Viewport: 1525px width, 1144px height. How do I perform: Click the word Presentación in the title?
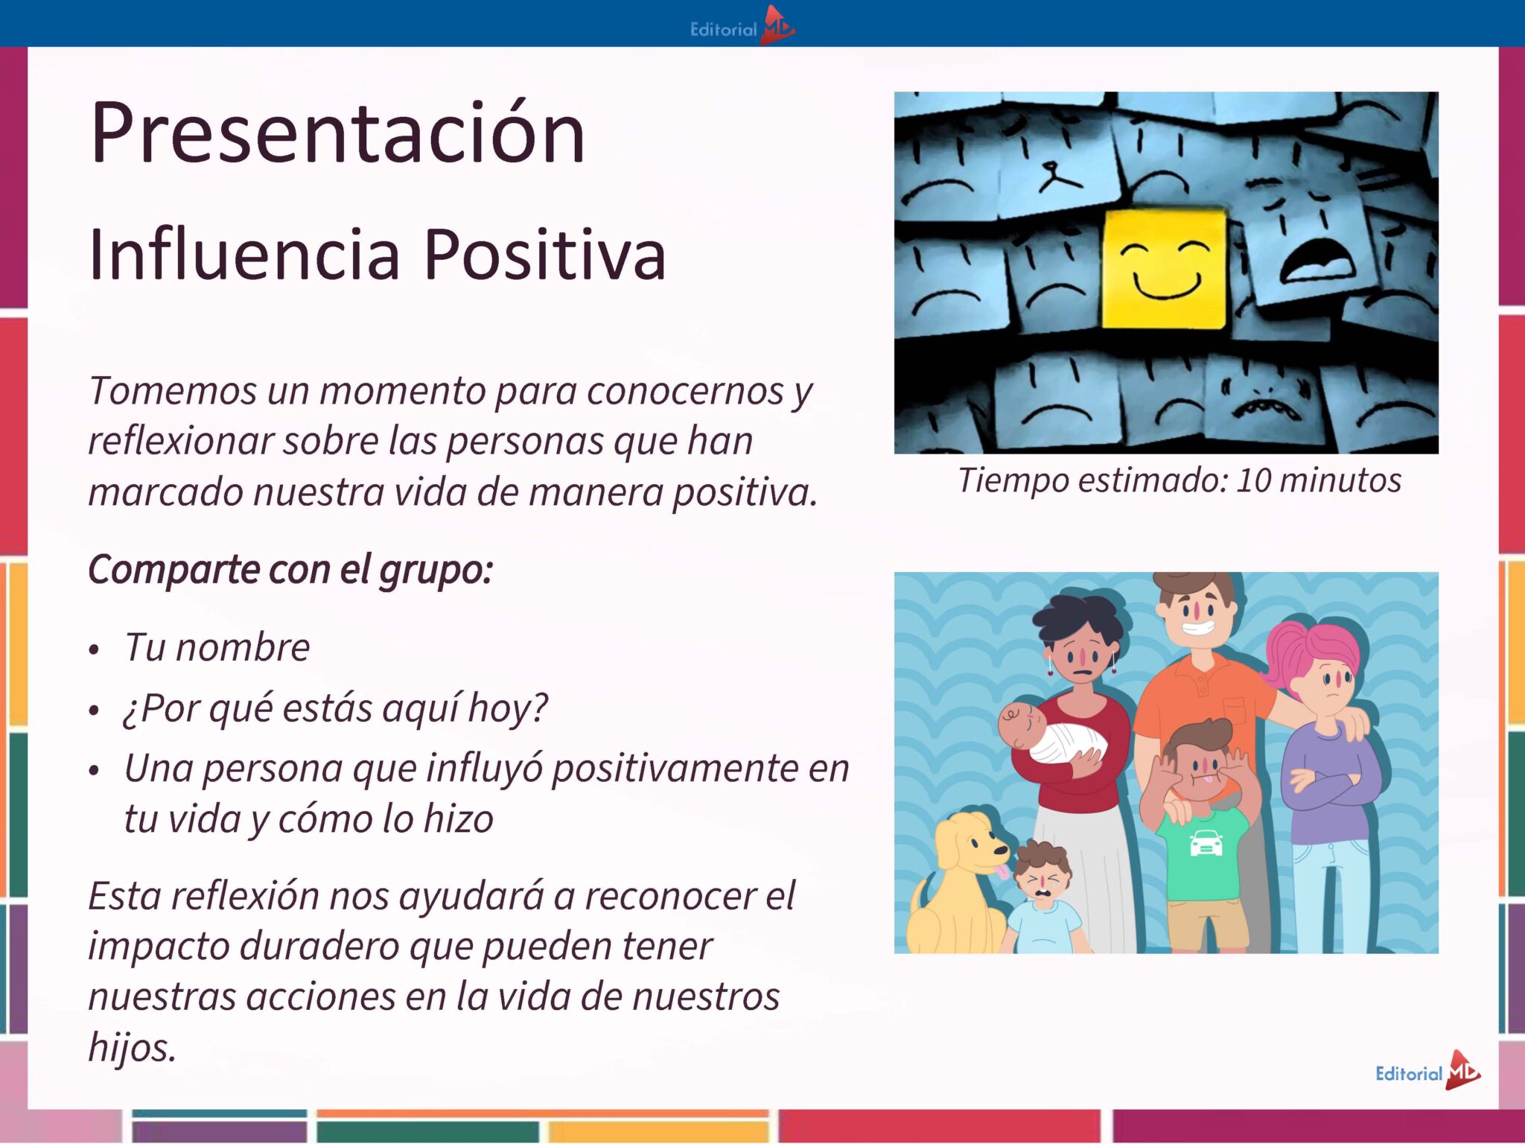coord(337,133)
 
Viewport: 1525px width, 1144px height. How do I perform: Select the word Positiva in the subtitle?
coord(544,255)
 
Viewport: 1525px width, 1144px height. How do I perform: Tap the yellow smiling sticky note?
coord(1165,268)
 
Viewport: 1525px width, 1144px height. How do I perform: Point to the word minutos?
coord(1340,480)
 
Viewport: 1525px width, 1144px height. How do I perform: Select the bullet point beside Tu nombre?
coord(94,650)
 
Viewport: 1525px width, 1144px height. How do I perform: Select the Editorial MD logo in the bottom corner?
coord(1428,1071)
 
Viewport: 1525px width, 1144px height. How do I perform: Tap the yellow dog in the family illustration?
coord(960,883)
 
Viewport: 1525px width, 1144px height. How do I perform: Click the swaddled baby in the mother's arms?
coord(1052,732)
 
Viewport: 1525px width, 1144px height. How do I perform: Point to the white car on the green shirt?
coord(1206,842)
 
